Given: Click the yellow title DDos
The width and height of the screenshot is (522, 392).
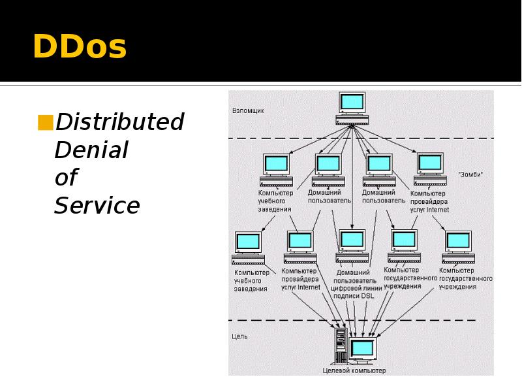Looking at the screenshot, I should click(79, 48).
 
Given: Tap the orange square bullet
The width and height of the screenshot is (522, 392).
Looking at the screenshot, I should click(46, 122).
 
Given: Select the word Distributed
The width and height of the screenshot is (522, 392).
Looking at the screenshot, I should click(120, 122).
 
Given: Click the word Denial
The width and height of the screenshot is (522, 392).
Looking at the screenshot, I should click(91, 150).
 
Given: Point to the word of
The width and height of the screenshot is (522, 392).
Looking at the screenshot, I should click(66, 178).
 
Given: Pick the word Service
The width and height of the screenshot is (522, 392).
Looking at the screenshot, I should click(97, 206).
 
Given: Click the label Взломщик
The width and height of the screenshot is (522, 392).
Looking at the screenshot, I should click(249, 111).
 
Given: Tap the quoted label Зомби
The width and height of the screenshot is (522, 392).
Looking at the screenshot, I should click(470, 175).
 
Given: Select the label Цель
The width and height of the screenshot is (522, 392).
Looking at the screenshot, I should click(239, 336).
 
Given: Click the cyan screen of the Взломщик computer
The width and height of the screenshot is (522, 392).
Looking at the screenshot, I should click(352, 102).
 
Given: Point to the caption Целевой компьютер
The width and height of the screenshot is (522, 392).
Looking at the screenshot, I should click(354, 370).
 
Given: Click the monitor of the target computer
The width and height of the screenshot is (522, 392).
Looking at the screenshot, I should click(362, 348).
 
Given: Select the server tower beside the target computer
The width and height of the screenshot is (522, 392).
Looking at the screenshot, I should click(340, 346).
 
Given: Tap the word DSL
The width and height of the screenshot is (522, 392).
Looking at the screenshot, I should click(367, 296).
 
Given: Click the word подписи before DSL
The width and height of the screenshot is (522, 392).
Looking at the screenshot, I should click(346, 296).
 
